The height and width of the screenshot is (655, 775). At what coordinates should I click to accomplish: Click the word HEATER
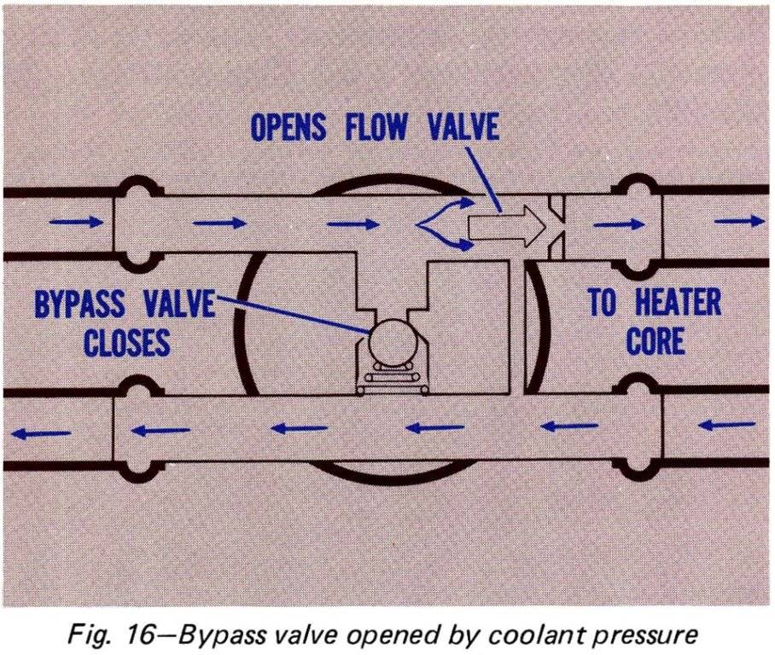pos(674,303)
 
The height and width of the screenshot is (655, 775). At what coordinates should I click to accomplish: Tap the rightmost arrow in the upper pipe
pos(739,222)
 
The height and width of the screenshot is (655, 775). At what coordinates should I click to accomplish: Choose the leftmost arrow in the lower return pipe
pos(40,432)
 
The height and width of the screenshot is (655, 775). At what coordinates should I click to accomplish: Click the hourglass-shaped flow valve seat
pos(556,223)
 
